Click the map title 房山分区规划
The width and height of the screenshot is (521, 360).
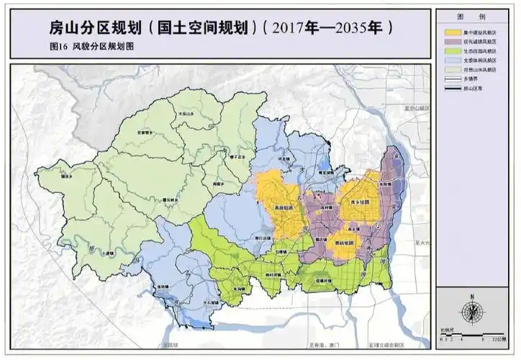pos(94,28)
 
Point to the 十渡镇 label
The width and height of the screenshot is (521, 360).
pos(107,253)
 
